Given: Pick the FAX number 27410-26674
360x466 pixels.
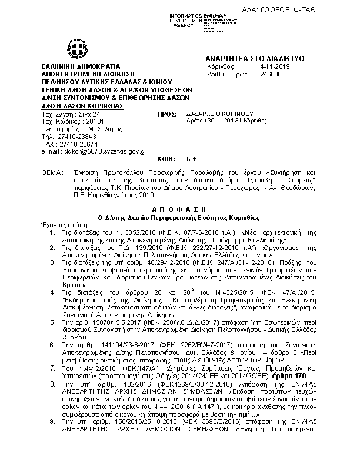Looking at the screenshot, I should pyautogui.click(x=76, y=144).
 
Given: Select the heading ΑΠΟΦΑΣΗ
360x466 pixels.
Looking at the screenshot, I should pyautogui.click(x=179, y=209).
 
